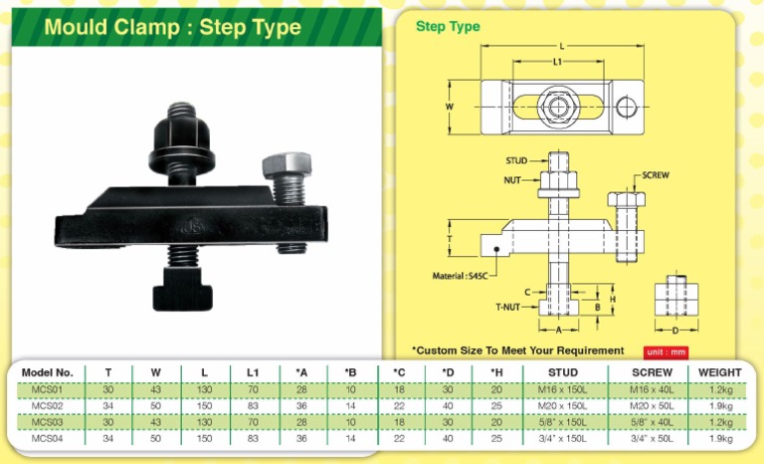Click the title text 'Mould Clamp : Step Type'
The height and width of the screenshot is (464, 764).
tap(172, 27)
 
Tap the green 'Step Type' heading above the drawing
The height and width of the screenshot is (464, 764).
tap(447, 27)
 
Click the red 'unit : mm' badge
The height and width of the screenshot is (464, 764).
tap(668, 351)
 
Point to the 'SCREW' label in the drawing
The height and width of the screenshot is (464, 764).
tap(656, 174)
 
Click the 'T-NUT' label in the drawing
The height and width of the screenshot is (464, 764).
tap(506, 308)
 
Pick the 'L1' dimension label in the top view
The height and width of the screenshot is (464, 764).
tap(559, 63)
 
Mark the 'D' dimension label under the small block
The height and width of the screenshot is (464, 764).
tap(675, 330)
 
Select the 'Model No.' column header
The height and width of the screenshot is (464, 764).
tap(48, 372)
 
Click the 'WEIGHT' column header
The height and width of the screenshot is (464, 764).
tap(720, 372)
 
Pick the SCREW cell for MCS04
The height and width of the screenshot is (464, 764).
tap(653, 438)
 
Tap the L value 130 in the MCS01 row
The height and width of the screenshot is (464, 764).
tap(203, 388)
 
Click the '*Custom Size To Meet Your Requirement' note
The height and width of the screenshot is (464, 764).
tap(518, 350)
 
